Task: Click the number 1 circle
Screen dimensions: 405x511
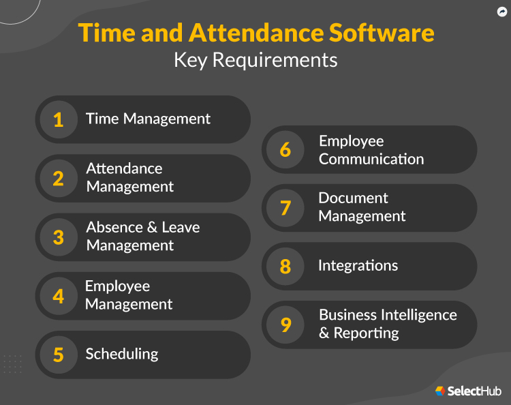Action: (x=59, y=120)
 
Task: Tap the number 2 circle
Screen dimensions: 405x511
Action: (x=59, y=179)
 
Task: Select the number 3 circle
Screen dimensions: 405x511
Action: (x=59, y=237)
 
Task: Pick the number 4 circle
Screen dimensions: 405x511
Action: (x=59, y=296)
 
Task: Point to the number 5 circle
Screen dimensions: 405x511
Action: (x=59, y=355)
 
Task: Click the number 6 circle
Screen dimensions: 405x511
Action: (x=285, y=150)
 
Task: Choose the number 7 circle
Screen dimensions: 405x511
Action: (x=285, y=208)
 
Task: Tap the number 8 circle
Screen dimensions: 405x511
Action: (x=285, y=266)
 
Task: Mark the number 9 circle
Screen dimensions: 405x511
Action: (x=285, y=325)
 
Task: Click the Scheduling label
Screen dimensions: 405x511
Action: (x=122, y=354)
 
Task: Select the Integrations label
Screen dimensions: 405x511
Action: (x=358, y=265)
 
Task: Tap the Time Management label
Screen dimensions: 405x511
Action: (x=148, y=119)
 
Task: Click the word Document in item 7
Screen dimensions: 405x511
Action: (x=353, y=198)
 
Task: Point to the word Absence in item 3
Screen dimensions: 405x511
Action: (x=112, y=227)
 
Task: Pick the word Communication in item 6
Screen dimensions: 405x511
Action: (x=371, y=159)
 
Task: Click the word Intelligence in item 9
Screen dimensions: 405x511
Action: (x=418, y=315)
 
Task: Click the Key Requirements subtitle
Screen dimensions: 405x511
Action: (x=255, y=59)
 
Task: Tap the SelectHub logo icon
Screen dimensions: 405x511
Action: (x=440, y=391)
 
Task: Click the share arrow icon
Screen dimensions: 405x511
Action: (x=503, y=12)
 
